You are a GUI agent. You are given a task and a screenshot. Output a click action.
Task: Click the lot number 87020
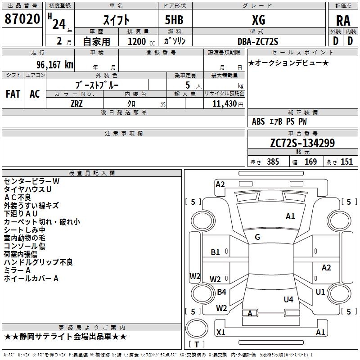coord(22,19)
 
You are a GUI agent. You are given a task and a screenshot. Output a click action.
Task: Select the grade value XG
coord(259,20)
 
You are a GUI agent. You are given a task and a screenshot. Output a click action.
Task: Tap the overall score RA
coord(343,21)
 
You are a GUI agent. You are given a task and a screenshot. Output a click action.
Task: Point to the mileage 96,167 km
coord(55,65)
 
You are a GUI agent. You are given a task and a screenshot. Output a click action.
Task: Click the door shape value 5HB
coord(174,20)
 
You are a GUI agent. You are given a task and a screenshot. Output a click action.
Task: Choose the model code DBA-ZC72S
coord(258,41)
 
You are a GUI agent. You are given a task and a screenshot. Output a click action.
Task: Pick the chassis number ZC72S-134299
coord(302,143)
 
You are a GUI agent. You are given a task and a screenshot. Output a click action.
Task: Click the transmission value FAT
coord(13,94)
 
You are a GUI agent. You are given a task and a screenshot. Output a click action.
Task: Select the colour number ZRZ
coord(76,104)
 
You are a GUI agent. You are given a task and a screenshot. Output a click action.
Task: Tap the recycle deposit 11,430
coord(224,104)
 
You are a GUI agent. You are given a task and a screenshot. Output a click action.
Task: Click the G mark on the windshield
coord(257,237)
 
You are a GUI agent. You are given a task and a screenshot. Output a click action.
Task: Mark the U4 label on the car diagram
coord(288,299)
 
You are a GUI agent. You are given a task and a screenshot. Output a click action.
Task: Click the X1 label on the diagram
coord(220,332)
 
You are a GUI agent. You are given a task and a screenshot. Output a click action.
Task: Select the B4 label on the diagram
coord(221,292)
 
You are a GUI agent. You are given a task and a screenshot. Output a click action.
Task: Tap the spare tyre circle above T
coord(197,328)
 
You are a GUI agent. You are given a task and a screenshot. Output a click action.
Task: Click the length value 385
coord(273,162)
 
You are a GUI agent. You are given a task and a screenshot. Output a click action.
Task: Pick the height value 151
coord(346,162)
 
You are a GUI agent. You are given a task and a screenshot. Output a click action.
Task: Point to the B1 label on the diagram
coord(215,252)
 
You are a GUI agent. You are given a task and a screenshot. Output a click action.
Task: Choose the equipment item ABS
coord(258,121)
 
